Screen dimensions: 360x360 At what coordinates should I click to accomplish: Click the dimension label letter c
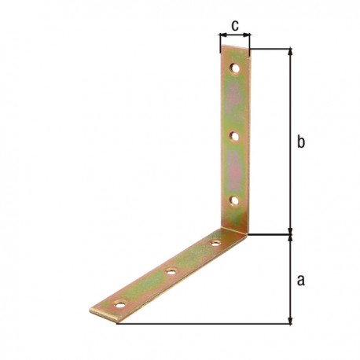coord(235,25)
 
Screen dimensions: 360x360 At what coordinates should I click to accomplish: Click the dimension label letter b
coord(301,141)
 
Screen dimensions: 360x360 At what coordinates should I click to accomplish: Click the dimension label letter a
coord(301,280)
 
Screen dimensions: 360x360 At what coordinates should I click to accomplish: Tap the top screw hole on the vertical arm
coord(235,68)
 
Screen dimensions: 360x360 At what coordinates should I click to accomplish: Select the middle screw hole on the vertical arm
coord(234,136)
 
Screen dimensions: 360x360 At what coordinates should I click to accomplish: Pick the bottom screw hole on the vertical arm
coord(234,201)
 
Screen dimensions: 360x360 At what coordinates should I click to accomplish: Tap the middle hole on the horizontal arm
coord(171,272)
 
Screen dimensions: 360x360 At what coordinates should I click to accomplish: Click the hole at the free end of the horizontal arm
coord(120,305)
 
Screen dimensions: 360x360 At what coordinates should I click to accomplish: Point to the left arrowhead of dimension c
coord(222,35)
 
